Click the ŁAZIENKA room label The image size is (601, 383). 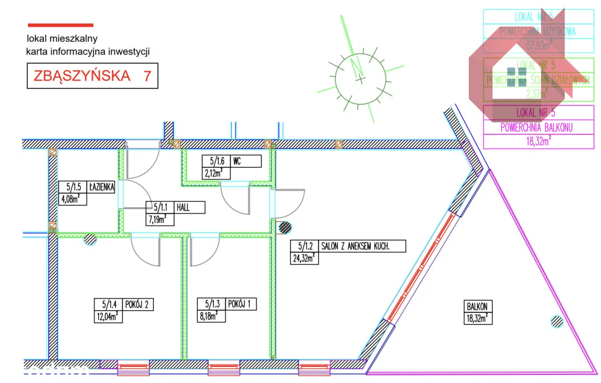coord(102,187)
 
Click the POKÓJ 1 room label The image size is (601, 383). coord(241,304)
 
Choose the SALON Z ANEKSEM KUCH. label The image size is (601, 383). coord(361,247)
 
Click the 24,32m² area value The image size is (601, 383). coord(304,258)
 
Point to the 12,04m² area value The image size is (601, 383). coord(108,316)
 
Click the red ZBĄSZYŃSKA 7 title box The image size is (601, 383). coord(92,76)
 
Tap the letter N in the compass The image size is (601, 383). coord(358,67)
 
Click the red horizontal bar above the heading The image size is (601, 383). coord(61,24)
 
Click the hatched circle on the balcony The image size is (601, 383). coord(556,321)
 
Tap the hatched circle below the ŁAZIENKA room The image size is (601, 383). coord(90,239)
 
